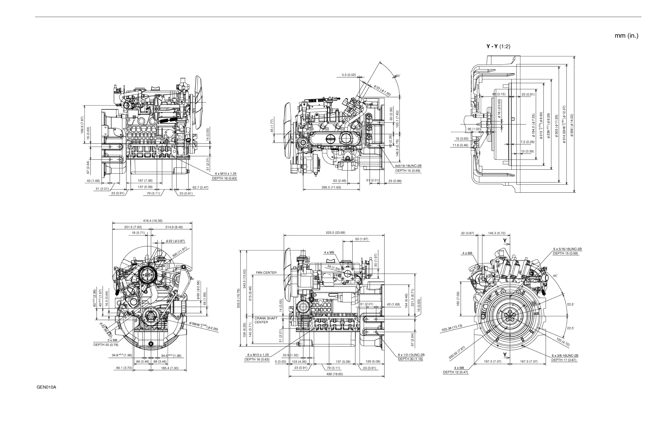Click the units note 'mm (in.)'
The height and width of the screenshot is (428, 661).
626,36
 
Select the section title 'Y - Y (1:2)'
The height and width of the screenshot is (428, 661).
498,46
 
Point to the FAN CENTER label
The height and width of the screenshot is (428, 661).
266,273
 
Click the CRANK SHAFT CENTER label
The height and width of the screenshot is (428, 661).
266,320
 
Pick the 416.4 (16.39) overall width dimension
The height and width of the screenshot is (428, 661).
153,221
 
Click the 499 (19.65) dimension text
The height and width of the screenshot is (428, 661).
334,374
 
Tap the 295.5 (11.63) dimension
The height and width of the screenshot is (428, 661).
331,187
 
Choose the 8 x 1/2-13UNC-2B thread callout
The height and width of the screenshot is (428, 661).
411,355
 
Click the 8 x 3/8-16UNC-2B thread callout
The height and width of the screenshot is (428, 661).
565,356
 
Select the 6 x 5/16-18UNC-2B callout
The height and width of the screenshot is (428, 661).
567,249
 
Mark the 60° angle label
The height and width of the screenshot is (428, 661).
398,76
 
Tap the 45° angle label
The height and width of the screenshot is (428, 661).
555,276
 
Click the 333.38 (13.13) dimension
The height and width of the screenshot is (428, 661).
451,328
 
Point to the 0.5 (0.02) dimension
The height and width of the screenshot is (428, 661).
349,75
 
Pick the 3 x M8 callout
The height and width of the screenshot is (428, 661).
112,340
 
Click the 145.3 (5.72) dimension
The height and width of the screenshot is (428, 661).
497,233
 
